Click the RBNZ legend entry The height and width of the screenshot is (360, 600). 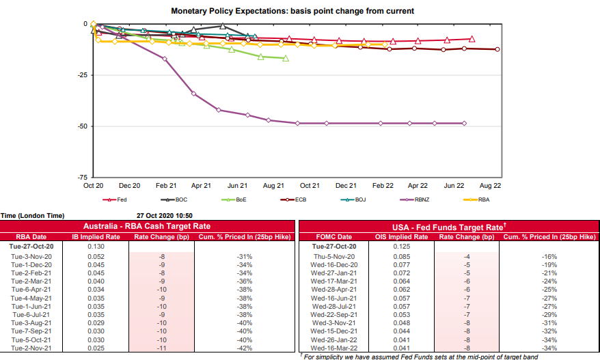point(418,199)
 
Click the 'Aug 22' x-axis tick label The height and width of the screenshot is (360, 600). point(490,186)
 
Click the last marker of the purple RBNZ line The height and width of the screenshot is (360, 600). point(464,123)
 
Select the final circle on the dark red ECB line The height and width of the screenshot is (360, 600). point(497,49)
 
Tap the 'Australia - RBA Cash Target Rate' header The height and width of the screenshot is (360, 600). point(146,226)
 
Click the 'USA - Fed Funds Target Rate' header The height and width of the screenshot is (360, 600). point(447,226)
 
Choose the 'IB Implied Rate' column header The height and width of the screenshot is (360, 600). point(96,236)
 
